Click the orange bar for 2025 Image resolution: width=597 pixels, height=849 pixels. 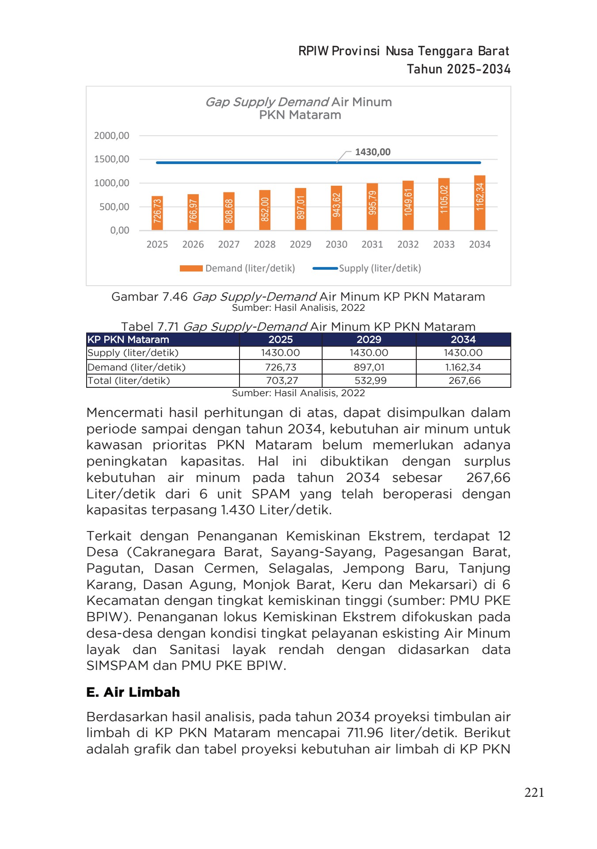(x=157, y=213)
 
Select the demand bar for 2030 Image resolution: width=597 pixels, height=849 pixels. (x=336, y=208)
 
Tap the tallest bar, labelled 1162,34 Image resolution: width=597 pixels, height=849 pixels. (x=479, y=203)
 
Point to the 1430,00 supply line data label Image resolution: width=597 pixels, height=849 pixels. (x=373, y=152)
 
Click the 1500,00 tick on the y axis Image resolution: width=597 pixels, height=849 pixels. (x=112, y=159)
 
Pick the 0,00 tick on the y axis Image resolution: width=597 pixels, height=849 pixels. (x=120, y=230)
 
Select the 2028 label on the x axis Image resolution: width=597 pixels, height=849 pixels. (x=265, y=245)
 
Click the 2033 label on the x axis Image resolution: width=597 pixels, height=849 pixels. (x=444, y=245)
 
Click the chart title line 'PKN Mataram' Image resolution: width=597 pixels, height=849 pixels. (x=300, y=115)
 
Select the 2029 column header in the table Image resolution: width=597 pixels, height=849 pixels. (x=369, y=340)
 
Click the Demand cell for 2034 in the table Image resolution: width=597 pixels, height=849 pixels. (x=463, y=367)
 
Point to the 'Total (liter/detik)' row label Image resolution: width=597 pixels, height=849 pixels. (x=129, y=381)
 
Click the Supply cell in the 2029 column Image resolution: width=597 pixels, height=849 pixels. (x=369, y=353)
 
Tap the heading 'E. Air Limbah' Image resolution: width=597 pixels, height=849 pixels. (x=133, y=692)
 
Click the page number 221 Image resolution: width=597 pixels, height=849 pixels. (x=534, y=792)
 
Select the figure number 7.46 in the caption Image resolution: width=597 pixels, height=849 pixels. (x=175, y=297)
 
